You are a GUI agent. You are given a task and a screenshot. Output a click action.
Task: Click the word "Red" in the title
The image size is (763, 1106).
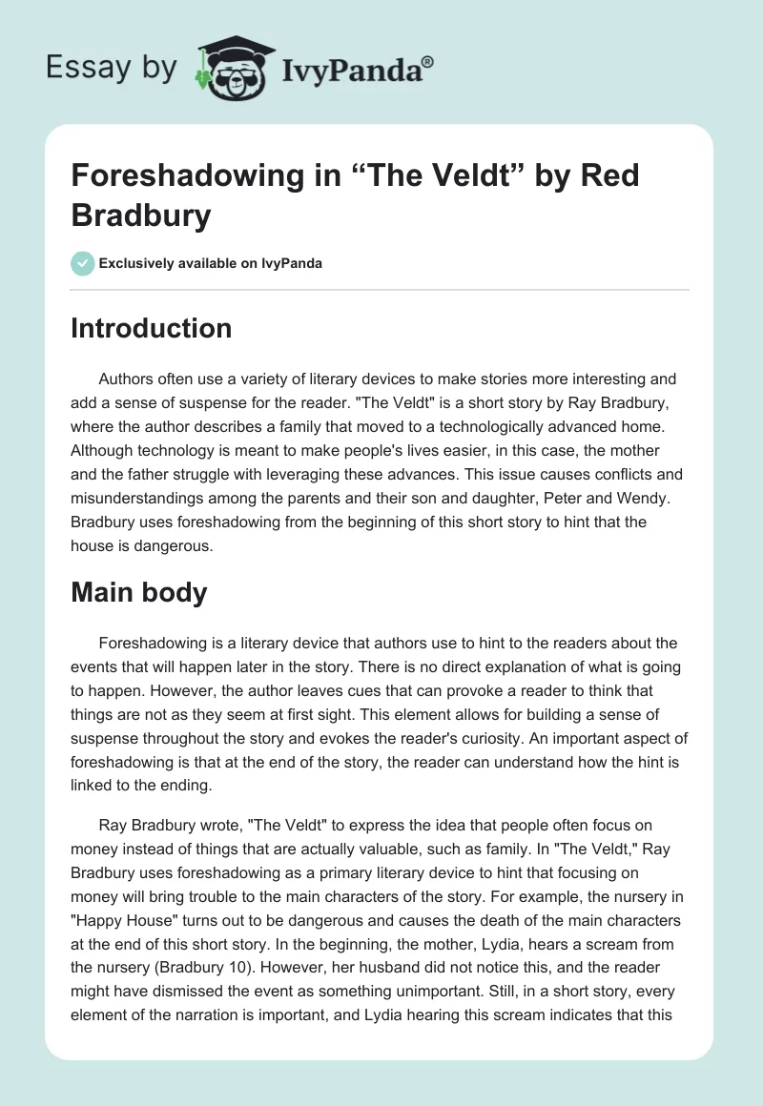coord(611,176)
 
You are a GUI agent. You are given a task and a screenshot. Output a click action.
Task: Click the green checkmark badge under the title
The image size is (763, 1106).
coord(83,263)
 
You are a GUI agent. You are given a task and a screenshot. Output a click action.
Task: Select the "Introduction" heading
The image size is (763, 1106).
coord(152,328)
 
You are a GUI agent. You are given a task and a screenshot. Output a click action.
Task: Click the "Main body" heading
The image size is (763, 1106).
coord(139,592)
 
